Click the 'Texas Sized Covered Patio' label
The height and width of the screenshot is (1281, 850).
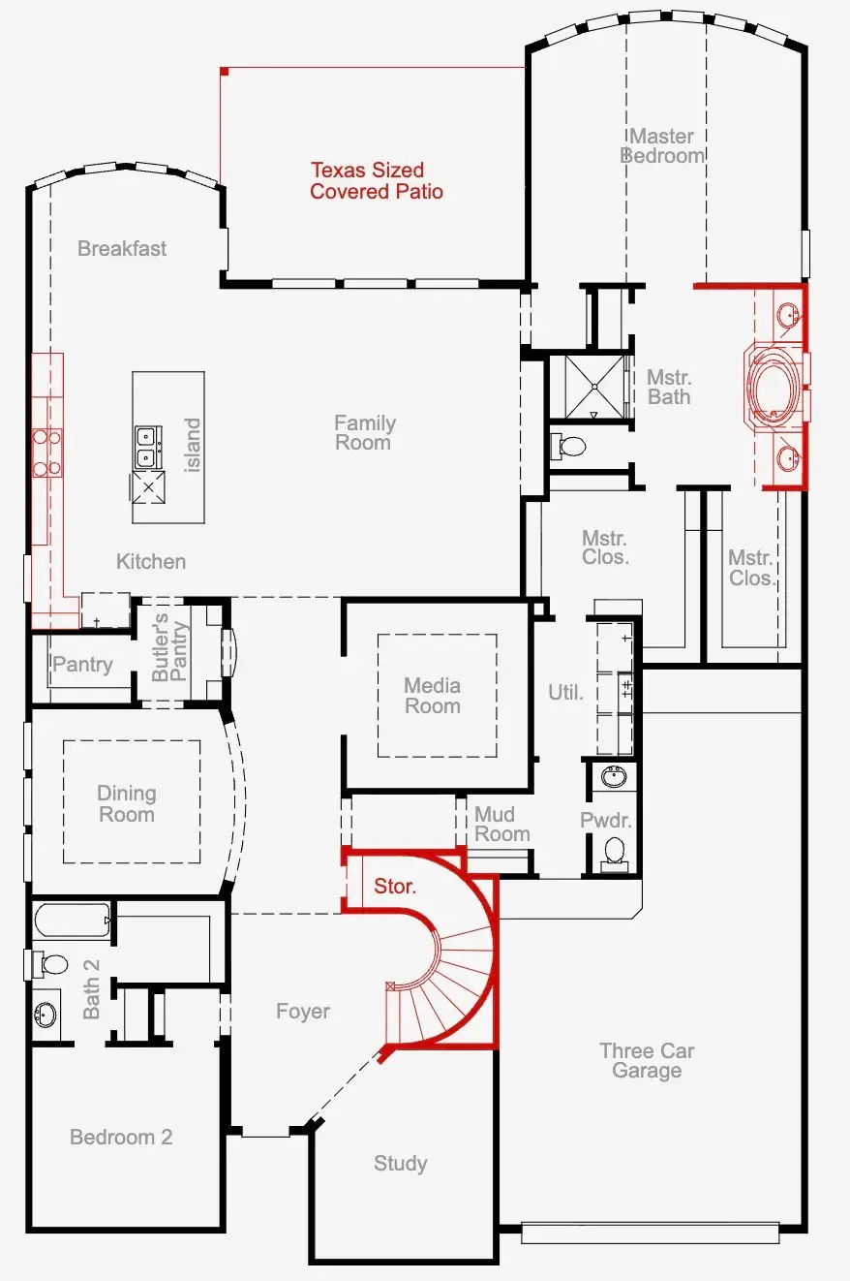click(376, 181)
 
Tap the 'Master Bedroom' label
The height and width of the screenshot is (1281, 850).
click(662, 145)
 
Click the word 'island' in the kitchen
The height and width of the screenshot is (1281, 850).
click(193, 445)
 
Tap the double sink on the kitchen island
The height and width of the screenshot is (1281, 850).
click(148, 446)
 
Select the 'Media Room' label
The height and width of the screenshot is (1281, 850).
click(432, 696)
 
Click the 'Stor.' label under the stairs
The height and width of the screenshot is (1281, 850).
click(395, 887)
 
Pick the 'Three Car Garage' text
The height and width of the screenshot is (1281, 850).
click(646, 1060)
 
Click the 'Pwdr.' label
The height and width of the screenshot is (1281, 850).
click(606, 821)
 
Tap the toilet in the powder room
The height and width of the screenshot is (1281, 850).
click(614, 852)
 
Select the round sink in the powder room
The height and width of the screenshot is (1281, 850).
click(614, 777)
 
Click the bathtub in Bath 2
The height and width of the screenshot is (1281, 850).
click(73, 921)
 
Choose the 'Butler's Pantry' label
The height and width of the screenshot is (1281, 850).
click(170, 646)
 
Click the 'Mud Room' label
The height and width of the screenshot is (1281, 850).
click(501, 824)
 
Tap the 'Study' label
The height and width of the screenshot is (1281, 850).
click(400, 1163)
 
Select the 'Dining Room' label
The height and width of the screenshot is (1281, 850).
click(126, 803)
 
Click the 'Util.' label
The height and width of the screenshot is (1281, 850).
click(566, 692)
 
